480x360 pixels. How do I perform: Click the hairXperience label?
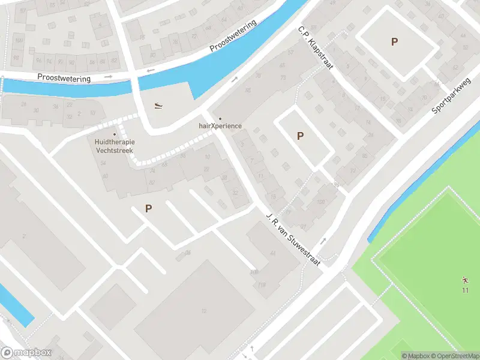[x=220, y=126]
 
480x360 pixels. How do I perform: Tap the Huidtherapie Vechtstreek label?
[x=114, y=146]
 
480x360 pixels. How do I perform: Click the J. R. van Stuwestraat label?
[x=293, y=239]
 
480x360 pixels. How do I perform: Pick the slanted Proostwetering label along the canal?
[x=233, y=37]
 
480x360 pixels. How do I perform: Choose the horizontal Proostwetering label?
[x=64, y=78]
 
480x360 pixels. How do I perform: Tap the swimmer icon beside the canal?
[x=157, y=106]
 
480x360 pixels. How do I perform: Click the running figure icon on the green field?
[x=464, y=281]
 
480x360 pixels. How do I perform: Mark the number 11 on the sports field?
[x=464, y=290]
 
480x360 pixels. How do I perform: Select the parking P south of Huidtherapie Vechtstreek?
[x=148, y=209]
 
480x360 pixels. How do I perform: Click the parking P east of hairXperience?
[x=300, y=136]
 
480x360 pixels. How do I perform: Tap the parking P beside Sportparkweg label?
[x=394, y=41]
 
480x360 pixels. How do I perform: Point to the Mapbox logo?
[x=26, y=353]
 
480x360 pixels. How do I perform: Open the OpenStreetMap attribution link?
[x=454, y=355]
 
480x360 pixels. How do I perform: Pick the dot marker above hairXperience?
[x=220, y=118]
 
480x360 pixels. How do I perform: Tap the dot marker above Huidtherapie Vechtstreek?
[x=114, y=134]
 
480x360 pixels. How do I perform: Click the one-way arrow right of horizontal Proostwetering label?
[x=109, y=77]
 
